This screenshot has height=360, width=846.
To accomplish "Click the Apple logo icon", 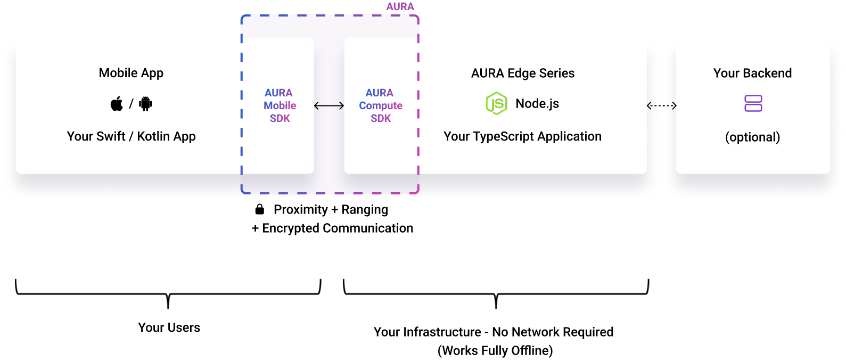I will pos(117,104).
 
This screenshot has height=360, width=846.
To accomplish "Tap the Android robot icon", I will pos(145,104).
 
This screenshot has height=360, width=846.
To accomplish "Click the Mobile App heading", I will pos(131,73).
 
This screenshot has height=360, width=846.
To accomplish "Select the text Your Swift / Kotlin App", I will pos(131,136).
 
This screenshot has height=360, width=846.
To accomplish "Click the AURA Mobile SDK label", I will pos(280,105).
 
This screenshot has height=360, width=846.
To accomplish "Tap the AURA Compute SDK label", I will pos(381,105).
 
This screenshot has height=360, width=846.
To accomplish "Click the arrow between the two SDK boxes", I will pos(329,106).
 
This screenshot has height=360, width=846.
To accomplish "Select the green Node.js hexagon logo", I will pos(496,103).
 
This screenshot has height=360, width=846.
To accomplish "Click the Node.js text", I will pos(537,103).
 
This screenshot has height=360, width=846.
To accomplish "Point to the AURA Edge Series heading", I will pos(522,73).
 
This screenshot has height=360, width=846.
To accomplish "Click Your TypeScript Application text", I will pos(522,136).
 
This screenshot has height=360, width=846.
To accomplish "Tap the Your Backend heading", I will pos(752,73).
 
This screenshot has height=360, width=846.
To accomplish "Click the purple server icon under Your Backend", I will pos(753,103).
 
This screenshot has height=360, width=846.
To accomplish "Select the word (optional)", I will pos(752,137).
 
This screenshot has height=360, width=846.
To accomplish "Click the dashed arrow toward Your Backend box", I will pos(661,106).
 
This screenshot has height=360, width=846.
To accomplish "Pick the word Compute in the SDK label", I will pos(381,105).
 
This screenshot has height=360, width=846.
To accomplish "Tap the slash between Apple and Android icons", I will pos(131,104).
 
